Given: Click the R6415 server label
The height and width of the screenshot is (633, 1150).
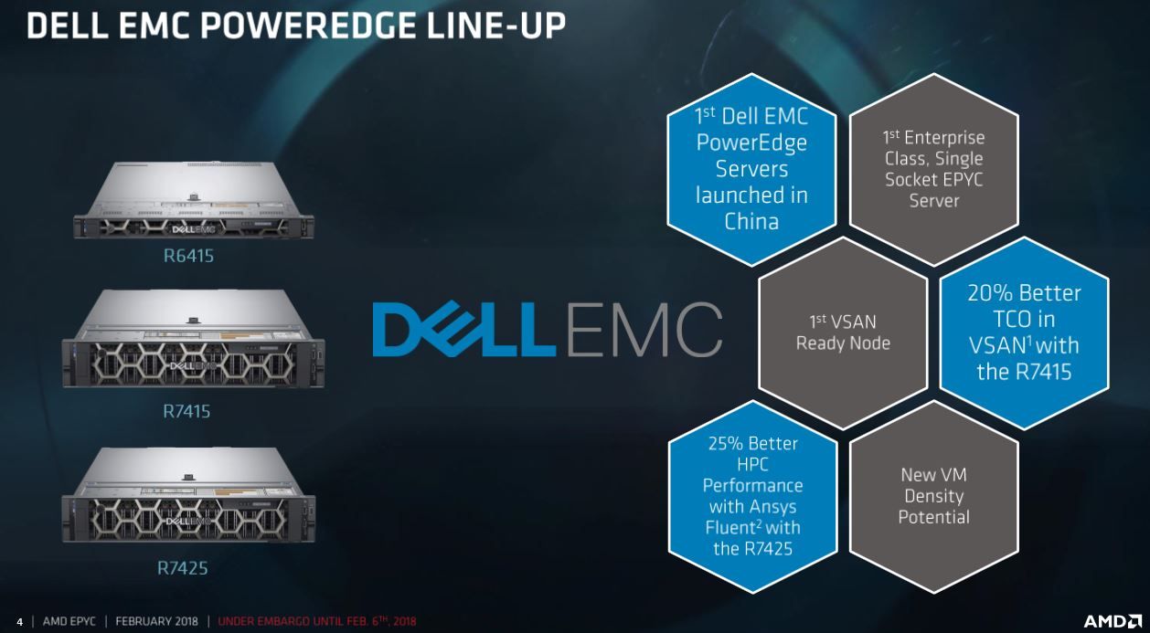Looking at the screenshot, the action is point(188,256).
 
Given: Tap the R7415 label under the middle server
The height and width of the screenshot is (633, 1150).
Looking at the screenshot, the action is point(186,411).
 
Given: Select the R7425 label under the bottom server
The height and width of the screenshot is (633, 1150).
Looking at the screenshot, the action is point(182,568).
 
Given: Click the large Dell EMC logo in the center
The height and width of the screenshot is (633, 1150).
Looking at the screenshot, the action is point(548,330).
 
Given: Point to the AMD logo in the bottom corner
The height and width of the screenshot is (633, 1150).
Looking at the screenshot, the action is point(1113,621).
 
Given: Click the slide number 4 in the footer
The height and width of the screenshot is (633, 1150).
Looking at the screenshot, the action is point(20,622).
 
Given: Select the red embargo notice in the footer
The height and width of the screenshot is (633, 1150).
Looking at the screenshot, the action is point(317,621).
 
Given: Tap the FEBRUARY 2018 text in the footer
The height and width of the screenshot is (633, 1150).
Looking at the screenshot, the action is point(156,621).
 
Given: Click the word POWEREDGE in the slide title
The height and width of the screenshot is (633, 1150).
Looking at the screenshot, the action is point(308,26).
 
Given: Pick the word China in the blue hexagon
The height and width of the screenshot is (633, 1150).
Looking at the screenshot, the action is point(751,222).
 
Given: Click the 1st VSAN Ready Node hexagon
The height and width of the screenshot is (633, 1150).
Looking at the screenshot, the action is point(843,332).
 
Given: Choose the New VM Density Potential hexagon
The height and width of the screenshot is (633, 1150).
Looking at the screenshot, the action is point(934,496).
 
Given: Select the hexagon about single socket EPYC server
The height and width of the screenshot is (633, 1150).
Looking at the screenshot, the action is point(934,169).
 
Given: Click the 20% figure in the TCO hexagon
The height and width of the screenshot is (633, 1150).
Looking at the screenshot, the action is point(990,293).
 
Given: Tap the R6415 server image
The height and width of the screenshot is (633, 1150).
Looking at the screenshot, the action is point(194,200).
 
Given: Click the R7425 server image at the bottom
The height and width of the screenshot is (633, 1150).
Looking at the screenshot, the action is point(189,494).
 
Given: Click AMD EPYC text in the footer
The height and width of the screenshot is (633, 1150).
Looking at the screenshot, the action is point(69,621).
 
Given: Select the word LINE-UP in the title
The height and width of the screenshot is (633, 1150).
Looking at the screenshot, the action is point(496,26).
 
